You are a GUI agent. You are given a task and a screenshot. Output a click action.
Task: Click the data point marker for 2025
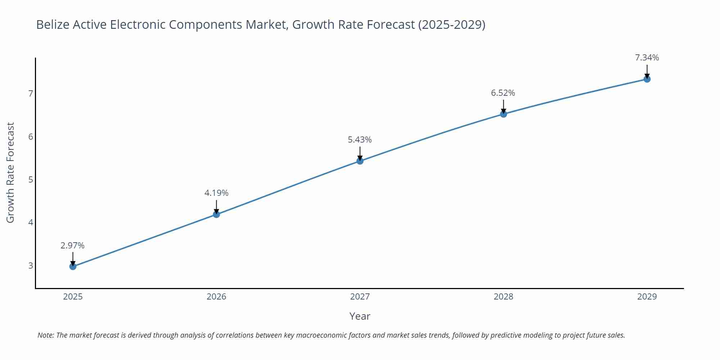pyautogui.click(x=73, y=266)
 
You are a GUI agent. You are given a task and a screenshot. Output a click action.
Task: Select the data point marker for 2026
pyautogui.click(x=216, y=214)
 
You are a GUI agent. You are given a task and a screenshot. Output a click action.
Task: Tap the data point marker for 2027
pyautogui.click(x=360, y=161)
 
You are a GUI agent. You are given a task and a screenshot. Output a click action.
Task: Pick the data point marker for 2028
pyautogui.click(x=503, y=114)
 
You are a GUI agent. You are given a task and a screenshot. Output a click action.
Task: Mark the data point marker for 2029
pyautogui.click(x=647, y=79)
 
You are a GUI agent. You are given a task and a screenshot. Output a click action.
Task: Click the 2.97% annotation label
pyautogui.click(x=72, y=246)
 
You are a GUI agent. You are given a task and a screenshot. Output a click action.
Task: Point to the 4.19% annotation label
pyautogui.click(x=216, y=193)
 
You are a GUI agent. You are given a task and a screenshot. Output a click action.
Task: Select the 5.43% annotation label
pyautogui.click(x=360, y=140)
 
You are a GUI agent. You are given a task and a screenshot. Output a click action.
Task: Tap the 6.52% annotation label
pyautogui.click(x=503, y=93)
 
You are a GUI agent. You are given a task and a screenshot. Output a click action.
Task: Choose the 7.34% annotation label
pyautogui.click(x=647, y=58)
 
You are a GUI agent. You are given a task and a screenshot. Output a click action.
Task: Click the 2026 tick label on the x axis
pyautogui.click(x=216, y=297)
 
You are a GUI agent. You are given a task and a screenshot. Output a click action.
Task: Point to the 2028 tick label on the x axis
pyautogui.click(x=503, y=297)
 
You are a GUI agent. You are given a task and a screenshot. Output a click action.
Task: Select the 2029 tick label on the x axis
pyautogui.click(x=647, y=297)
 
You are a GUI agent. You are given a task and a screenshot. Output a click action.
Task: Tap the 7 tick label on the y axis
pyautogui.click(x=31, y=94)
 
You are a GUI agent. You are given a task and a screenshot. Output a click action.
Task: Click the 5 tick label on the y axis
pyautogui.click(x=31, y=180)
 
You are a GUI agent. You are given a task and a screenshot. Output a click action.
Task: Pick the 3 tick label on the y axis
pyautogui.click(x=31, y=266)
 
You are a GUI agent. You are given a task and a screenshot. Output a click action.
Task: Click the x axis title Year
pyautogui.click(x=360, y=316)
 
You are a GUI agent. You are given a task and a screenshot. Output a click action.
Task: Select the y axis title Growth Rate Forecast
pyautogui.click(x=10, y=172)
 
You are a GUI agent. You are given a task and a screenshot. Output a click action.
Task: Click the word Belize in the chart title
pyautogui.click(x=53, y=24)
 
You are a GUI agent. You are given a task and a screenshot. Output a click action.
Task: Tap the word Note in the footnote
pyautogui.click(x=45, y=335)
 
